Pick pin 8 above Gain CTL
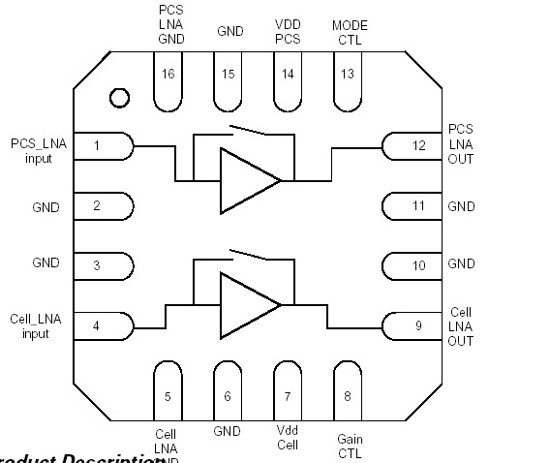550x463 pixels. click(348, 392)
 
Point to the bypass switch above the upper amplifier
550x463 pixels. click(244, 132)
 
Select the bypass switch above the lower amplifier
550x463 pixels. click(244, 257)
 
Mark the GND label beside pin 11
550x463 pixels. click(461, 206)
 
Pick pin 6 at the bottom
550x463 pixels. click(228, 392)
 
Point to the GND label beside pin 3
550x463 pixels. click(45, 262)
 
